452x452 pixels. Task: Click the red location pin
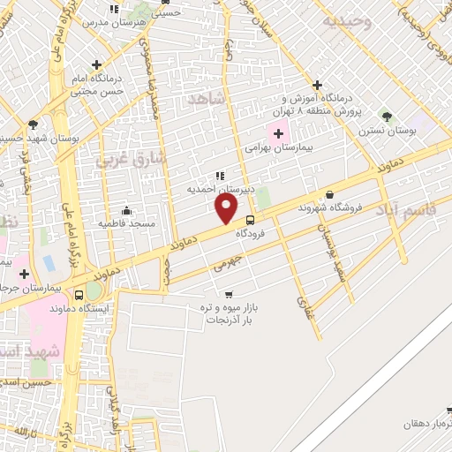(226, 208)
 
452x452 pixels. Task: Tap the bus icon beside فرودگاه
(251, 220)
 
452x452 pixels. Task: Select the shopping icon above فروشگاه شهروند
(329, 194)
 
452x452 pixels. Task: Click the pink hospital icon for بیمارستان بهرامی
(280, 134)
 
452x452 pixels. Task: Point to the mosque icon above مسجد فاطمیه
(127, 210)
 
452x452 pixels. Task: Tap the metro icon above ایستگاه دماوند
(93, 292)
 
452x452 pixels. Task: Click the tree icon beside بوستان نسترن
(385, 116)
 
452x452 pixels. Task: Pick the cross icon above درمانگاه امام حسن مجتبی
(96, 65)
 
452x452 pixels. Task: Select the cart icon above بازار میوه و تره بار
(230, 295)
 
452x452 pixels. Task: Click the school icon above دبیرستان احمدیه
(220, 175)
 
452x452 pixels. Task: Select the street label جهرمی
(228, 263)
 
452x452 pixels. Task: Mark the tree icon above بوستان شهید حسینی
(33, 124)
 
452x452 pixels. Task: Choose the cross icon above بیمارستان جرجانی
(25, 273)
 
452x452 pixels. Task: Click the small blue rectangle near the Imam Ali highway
(47, 263)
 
